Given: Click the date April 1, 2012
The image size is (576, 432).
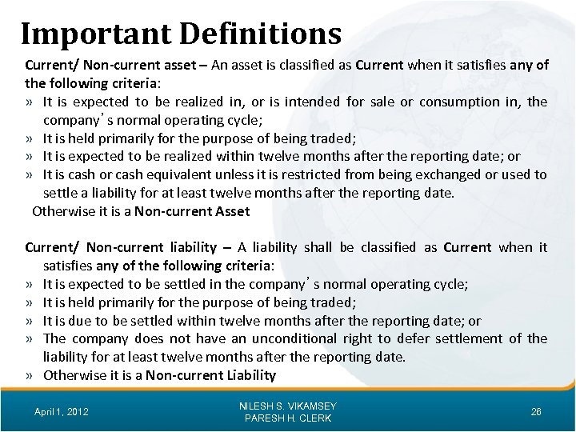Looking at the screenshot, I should coord(62,411).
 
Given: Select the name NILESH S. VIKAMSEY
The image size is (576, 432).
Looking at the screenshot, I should coord(288,406).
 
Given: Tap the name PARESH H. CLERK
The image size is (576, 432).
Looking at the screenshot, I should coord(288,418).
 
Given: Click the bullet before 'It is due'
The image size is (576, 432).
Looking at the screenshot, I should coord(29,322).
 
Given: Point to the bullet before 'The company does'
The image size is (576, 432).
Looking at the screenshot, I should coord(29,339).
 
